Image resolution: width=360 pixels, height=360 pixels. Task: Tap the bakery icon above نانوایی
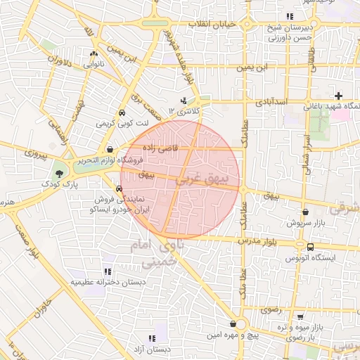tap(94, 53)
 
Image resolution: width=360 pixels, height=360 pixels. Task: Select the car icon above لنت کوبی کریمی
tap(122, 112)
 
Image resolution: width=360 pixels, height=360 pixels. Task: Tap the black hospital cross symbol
tap(339, 96)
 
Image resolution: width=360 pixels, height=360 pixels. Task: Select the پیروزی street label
tap(34, 151)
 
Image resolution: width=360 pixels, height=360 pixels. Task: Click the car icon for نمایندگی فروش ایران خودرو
tap(119, 188)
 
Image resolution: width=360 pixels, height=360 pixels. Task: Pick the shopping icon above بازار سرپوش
tap(305, 212)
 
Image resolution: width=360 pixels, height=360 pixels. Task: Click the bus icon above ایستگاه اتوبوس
tap(310, 247)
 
